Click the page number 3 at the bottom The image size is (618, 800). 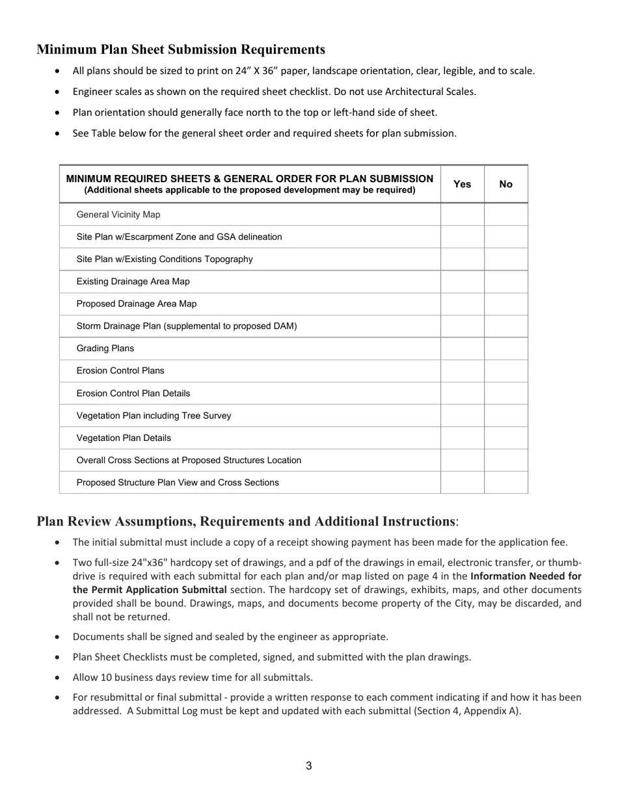point(308,766)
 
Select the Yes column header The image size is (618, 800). point(462,184)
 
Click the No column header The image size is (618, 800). point(505,184)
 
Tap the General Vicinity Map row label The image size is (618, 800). point(118,215)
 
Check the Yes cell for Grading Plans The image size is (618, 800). point(462,349)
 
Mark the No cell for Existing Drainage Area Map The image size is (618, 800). point(505,282)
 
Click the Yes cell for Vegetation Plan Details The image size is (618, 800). point(462,438)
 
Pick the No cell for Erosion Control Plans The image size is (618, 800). point(505,371)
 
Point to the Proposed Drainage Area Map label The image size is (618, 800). point(137,304)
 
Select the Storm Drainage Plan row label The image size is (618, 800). point(187,326)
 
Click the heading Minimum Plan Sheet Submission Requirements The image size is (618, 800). point(181,49)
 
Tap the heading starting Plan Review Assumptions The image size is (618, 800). point(247,522)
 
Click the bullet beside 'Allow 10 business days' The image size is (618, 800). point(59,677)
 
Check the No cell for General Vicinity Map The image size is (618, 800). point(505,215)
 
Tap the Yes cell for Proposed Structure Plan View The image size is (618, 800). point(462,483)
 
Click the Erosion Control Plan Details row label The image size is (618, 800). point(133,393)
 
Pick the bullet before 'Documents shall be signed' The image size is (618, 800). point(59,637)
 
